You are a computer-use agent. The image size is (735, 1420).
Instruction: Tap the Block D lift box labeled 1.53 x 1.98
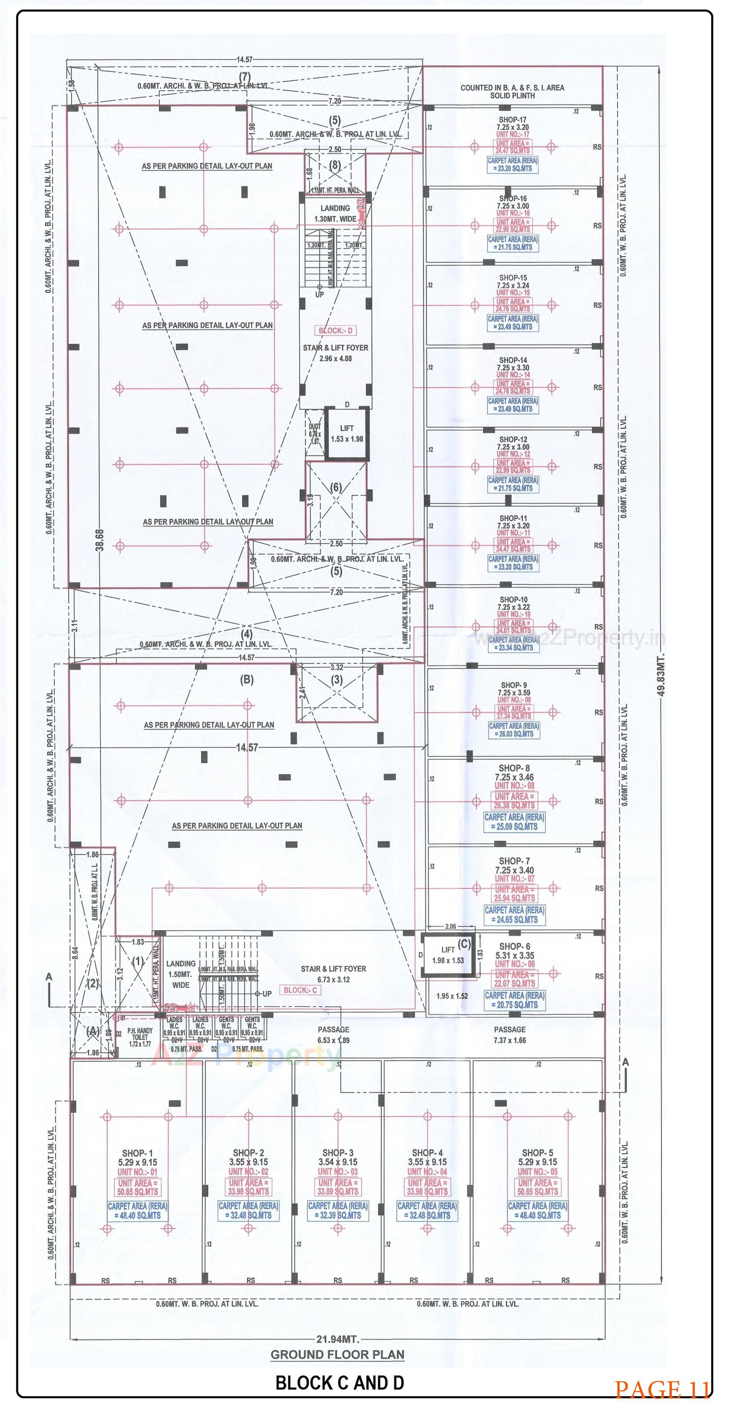coord(347,434)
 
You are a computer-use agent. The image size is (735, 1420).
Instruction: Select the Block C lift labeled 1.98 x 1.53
coord(448,955)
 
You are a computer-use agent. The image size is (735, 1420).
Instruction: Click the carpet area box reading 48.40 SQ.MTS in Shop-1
coord(138,1211)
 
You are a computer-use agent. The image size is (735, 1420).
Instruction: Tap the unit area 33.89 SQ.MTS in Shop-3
coord(338,1191)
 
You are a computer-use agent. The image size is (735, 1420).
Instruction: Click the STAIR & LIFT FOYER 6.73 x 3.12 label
coord(333,973)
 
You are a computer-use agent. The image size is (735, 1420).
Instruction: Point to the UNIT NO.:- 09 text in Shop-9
coord(514,700)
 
